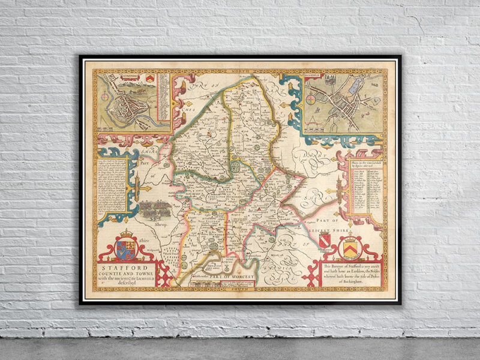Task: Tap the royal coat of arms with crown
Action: coord(127,242)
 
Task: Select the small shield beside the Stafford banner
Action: coord(148,78)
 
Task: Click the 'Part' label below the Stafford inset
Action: coord(144,161)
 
